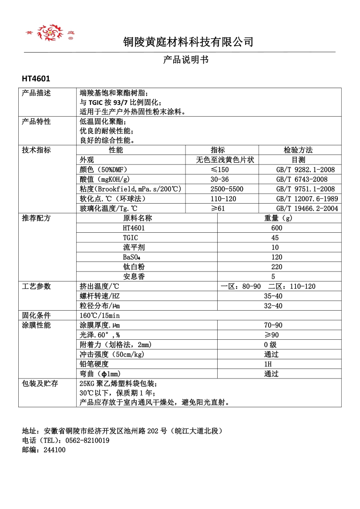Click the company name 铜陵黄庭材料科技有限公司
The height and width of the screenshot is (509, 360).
pyautogui.click(x=188, y=42)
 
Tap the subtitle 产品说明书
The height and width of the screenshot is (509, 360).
pyautogui.click(x=186, y=60)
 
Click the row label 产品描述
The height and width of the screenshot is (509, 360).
pyautogui.click(x=37, y=93)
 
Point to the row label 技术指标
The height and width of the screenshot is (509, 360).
pyautogui.click(x=37, y=150)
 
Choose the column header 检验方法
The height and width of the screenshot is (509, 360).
pyautogui.click(x=298, y=150)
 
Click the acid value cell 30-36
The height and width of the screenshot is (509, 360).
pyautogui.click(x=219, y=179)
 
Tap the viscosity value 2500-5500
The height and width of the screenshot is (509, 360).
pyautogui.click(x=227, y=189)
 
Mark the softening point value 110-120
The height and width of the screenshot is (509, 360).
pyautogui.click(x=223, y=199)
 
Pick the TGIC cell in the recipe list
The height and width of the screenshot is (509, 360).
pyautogui.click(x=131, y=238)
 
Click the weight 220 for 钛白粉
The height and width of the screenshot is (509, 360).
pyautogui.click(x=276, y=267)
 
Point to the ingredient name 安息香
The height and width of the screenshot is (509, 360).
pyautogui.click(x=134, y=277)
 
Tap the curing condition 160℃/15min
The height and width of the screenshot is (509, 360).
pyautogui.click(x=100, y=315)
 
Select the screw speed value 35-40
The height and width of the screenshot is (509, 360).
pyautogui.click(x=273, y=296)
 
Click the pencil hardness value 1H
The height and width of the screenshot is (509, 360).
pyautogui.click(x=268, y=364)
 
